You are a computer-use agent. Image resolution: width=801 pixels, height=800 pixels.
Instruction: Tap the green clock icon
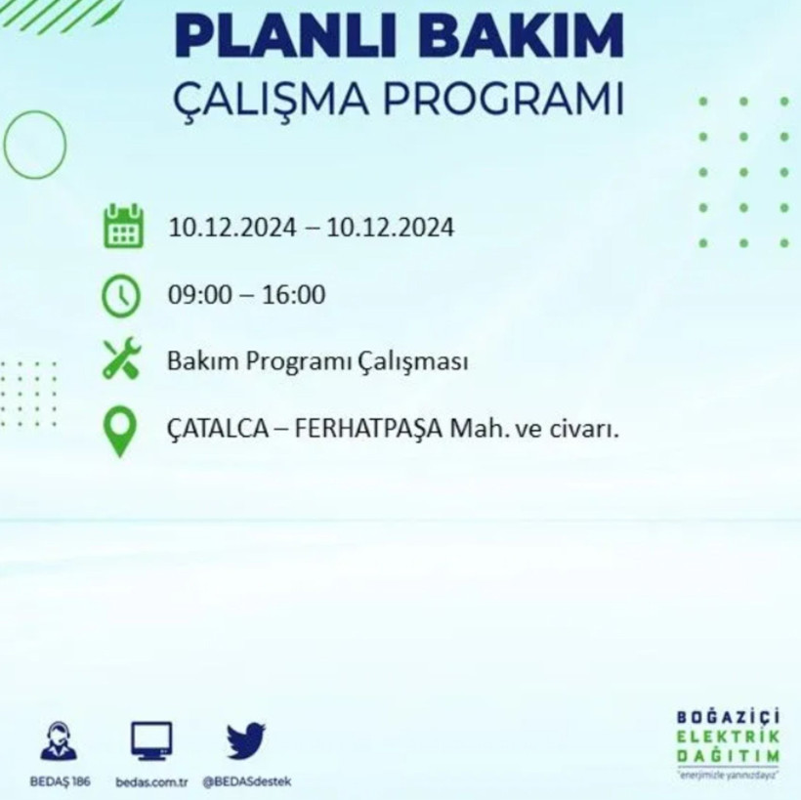121,295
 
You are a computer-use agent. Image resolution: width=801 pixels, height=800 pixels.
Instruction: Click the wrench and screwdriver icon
122,359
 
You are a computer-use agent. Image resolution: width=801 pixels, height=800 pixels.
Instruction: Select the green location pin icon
119,432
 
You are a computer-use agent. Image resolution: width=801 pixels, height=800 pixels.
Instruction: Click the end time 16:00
293,294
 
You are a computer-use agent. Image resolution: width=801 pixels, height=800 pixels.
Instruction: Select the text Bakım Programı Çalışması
317,361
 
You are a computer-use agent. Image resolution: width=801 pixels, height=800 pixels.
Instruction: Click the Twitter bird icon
245,740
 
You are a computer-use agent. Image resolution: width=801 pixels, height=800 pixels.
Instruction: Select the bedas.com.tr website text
151,781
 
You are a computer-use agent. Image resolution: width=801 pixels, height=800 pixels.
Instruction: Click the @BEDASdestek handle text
246,781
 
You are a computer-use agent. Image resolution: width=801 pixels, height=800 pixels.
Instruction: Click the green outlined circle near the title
35,145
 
